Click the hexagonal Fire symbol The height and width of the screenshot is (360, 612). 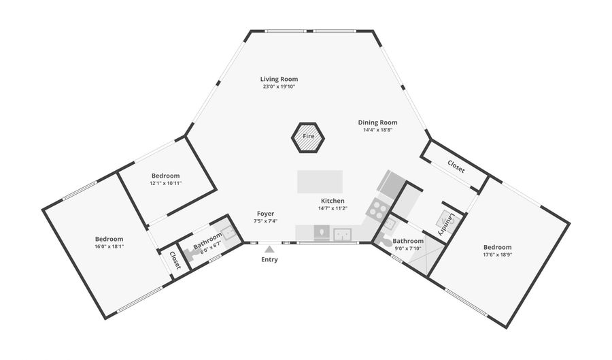click(x=308, y=137)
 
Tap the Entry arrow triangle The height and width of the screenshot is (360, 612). click(x=269, y=249)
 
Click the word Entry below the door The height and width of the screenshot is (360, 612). click(x=269, y=260)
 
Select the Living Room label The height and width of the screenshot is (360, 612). click(x=279, y=79)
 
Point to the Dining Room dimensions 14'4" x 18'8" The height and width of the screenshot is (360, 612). click(x=377, y=130)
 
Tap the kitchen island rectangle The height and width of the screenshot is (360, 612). click(x=320, y=182)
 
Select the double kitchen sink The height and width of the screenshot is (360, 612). click(x=342, y=234)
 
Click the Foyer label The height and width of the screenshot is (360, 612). click(x=265, y=214)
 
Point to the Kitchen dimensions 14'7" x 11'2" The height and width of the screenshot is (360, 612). click(x=333, y=208)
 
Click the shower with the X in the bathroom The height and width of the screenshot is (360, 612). click(x=424, y=253)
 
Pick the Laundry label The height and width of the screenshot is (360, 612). click(x=445, y=224)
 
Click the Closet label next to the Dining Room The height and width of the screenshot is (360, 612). click(x=456, y=167)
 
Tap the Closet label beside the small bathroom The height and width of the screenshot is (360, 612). click(x=175, y=261)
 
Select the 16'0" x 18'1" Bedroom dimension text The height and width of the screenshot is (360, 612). click(x=109, y=247)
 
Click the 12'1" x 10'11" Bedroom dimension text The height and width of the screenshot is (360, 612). click(x=166, y=183)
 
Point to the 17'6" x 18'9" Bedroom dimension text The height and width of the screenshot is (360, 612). click(x=497, y=255)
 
